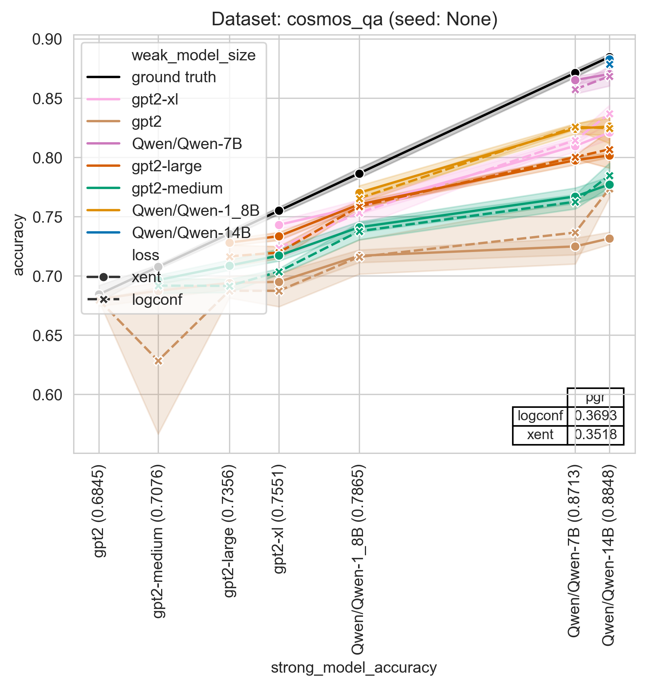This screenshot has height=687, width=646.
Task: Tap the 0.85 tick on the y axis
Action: pos(48,98)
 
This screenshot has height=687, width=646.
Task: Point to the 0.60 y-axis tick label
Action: pos(48,395)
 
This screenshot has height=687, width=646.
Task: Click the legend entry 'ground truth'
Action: pos(174,77)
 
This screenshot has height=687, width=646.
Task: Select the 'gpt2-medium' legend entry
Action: pos(177,188)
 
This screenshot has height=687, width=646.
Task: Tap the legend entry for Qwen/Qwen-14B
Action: pos(191,233)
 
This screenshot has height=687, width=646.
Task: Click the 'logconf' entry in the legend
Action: pos(157,300)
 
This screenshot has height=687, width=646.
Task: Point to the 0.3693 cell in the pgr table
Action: pos(595,416)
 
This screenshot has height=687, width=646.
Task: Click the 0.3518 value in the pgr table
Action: pos(595,435)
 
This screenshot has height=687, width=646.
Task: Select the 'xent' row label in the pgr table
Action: pos(540,435)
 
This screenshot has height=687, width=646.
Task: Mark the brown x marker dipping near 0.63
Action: pos(158,361)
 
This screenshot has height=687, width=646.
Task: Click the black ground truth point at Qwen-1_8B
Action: pos(359,174)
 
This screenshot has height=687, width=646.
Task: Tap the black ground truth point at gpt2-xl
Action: pos(279,211)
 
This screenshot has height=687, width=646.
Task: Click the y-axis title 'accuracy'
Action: pos(18,245)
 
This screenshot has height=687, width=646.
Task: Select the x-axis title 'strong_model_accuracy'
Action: pos(354,667)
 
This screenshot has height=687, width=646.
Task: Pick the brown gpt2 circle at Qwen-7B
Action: pos(575,246)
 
